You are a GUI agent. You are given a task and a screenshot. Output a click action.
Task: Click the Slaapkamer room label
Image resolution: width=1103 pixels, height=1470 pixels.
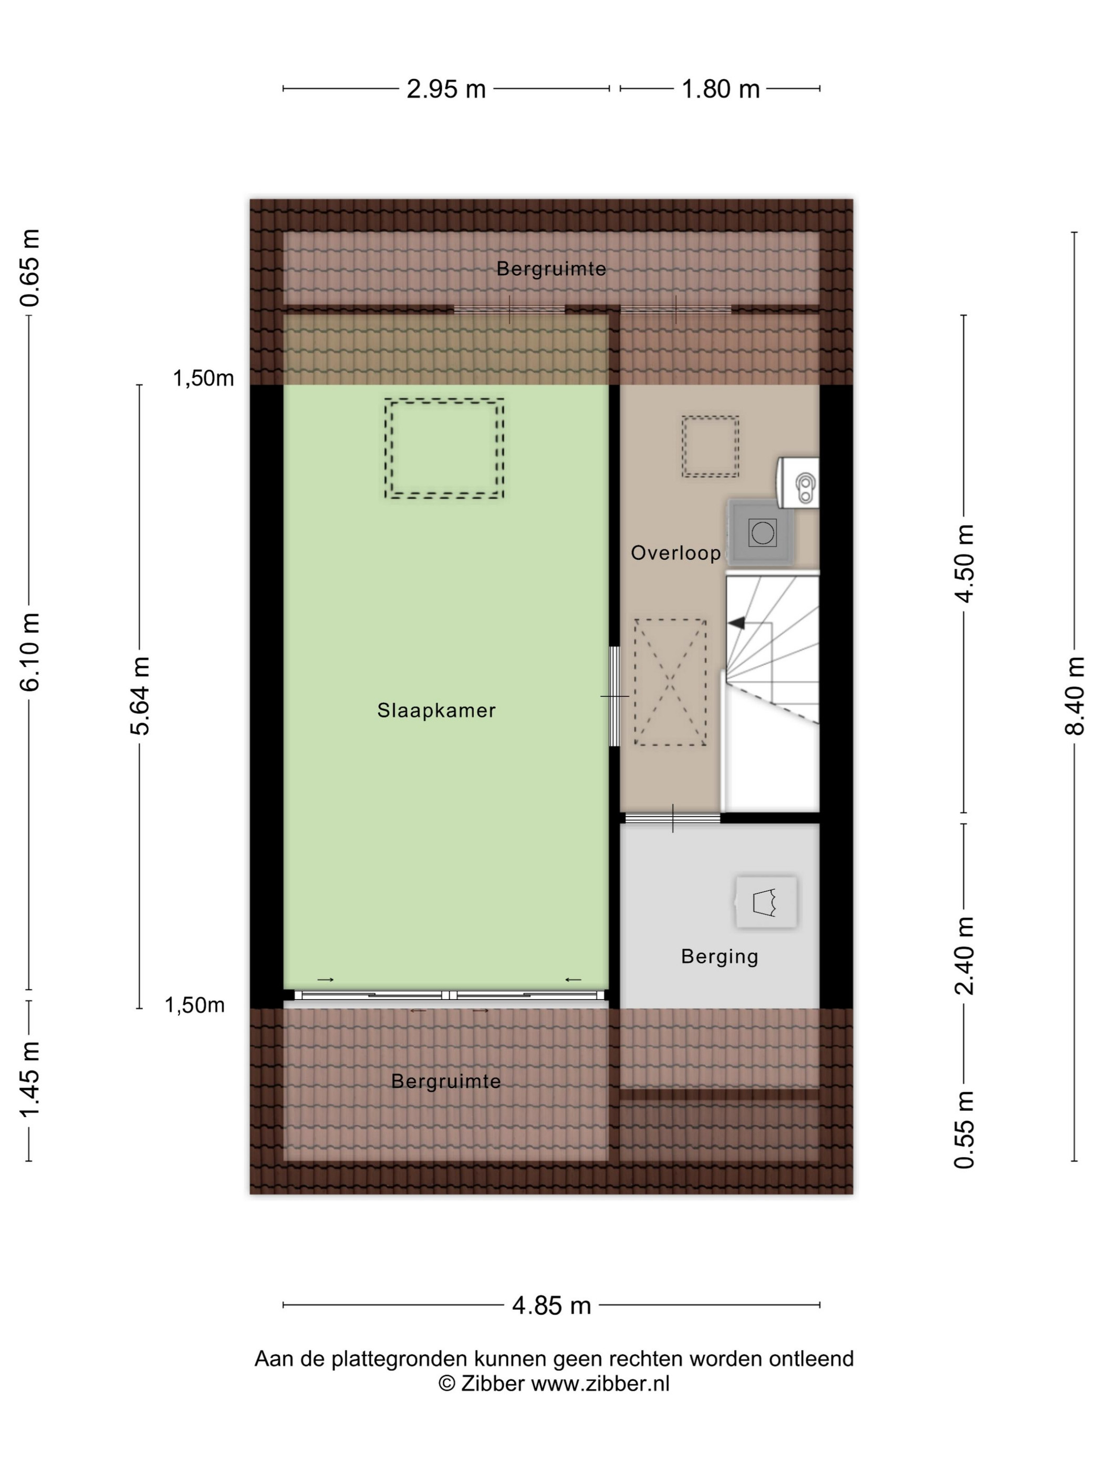[436, 710]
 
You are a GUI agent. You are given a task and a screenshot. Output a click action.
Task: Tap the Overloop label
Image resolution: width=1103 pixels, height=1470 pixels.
[675, 553]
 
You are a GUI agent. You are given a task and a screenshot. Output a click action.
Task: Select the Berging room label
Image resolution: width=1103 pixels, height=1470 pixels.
[720, 957]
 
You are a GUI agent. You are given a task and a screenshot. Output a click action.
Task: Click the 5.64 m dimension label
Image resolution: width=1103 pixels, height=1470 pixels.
[140, 696]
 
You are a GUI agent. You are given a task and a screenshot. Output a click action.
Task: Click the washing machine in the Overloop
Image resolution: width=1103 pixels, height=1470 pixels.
[761, 532]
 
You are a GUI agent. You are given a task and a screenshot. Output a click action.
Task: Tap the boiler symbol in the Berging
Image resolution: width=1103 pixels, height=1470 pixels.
[766, 902]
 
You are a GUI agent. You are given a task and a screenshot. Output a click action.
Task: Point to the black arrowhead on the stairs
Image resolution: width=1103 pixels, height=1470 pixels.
[735, 623]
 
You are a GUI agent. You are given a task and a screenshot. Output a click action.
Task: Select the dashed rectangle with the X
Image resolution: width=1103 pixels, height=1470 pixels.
[670, 682]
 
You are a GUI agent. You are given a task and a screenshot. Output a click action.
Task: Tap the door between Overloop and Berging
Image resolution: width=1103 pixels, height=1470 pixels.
[673, 818]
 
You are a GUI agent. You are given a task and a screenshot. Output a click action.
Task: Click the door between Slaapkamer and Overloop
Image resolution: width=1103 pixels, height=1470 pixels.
[615, 697]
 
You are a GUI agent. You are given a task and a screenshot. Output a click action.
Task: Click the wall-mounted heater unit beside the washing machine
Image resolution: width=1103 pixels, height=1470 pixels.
[798, 482]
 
